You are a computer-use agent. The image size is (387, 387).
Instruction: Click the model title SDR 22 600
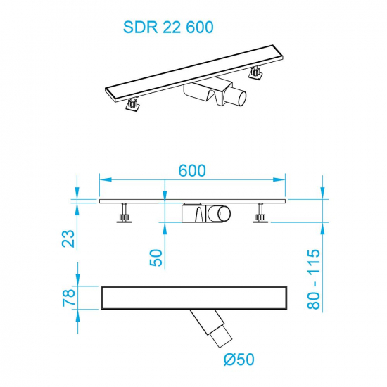167,27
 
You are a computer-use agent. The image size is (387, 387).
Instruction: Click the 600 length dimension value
191,171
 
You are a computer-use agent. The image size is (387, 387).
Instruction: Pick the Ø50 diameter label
239,360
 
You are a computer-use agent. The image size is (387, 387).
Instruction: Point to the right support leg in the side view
262,212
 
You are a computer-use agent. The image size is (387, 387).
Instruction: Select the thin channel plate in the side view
193,201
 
